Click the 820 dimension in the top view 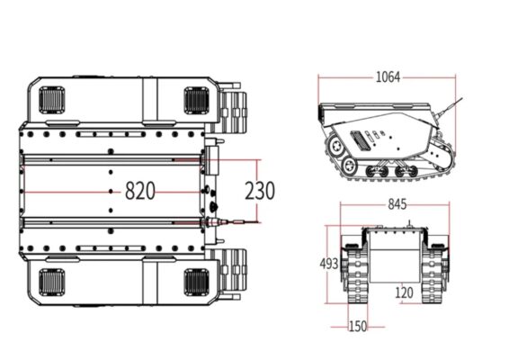click(x=139, y=191)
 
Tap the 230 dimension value click(x=260, y=191)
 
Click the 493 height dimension click(x=329, y=264)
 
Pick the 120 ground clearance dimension click(x=404, y=292)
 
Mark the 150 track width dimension click(x=357, y=326)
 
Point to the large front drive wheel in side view click(x=337, y=144)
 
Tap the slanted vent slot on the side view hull click(x=360, y=139)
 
